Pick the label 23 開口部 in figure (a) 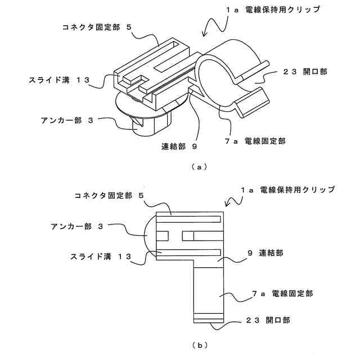(x=311, y=72)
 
